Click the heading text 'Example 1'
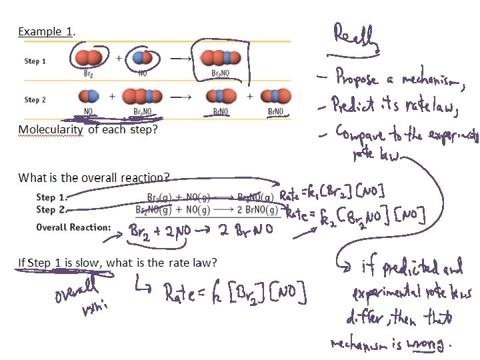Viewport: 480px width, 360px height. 45,31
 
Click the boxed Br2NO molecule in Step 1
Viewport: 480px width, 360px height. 220,58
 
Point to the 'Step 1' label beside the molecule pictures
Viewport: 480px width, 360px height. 35,61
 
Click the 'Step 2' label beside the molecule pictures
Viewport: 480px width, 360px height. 35,99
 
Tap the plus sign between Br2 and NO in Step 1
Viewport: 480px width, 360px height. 119,58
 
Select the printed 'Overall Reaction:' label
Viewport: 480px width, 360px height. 73,227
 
